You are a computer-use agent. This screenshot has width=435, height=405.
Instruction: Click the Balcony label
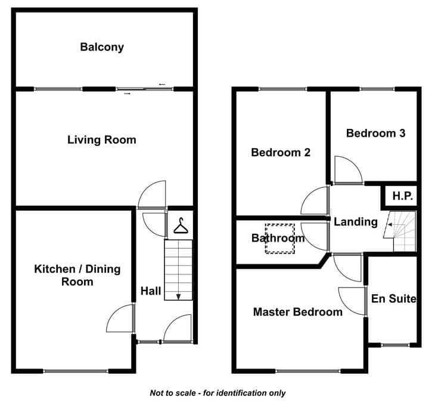click(102, 47)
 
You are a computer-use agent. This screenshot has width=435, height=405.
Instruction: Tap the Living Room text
click(102, 140)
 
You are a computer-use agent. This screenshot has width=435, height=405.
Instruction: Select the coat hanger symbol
click(181, 225)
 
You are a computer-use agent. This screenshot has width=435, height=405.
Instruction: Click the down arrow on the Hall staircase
click(178, 296)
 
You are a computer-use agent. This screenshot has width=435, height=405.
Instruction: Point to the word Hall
click(151, 291)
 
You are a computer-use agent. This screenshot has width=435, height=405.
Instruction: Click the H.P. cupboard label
click(403, 196)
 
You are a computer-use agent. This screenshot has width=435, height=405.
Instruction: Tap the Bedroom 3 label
click(375, 134)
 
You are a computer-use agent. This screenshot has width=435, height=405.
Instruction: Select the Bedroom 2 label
click(281, 153)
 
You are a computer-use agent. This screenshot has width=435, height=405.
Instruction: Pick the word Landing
click(355, 222)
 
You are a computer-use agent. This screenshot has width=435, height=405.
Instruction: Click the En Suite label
click(394, 299)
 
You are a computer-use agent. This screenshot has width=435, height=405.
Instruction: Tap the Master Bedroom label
click(298, 312)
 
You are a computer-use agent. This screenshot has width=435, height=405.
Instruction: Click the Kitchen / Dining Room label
click(77, 276)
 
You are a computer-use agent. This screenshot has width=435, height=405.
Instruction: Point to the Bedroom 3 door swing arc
click(354, 163)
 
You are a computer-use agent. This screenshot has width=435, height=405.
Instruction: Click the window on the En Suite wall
click(395, 345)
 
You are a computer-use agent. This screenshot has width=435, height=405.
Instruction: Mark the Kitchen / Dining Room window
click(76, 371)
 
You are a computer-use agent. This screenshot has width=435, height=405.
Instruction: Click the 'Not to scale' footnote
click(218, 393)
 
